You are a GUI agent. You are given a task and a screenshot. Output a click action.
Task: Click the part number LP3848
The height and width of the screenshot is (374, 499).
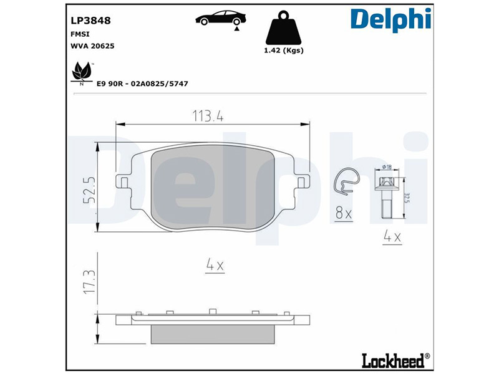[87, 21]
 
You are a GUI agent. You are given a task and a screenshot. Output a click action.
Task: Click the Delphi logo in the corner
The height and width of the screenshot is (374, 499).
[390, 20]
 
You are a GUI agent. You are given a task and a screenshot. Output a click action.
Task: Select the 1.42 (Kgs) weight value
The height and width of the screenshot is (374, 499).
[284, 50]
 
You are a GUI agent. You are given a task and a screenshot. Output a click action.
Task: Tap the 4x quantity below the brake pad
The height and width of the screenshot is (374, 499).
[215, 266]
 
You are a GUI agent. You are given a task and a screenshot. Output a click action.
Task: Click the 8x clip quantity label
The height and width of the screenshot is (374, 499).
[344, 214]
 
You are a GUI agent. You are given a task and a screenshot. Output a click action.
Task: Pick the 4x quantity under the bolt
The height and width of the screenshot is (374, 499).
[390, 237]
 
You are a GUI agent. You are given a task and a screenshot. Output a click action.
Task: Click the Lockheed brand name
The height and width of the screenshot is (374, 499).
[393, 360]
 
